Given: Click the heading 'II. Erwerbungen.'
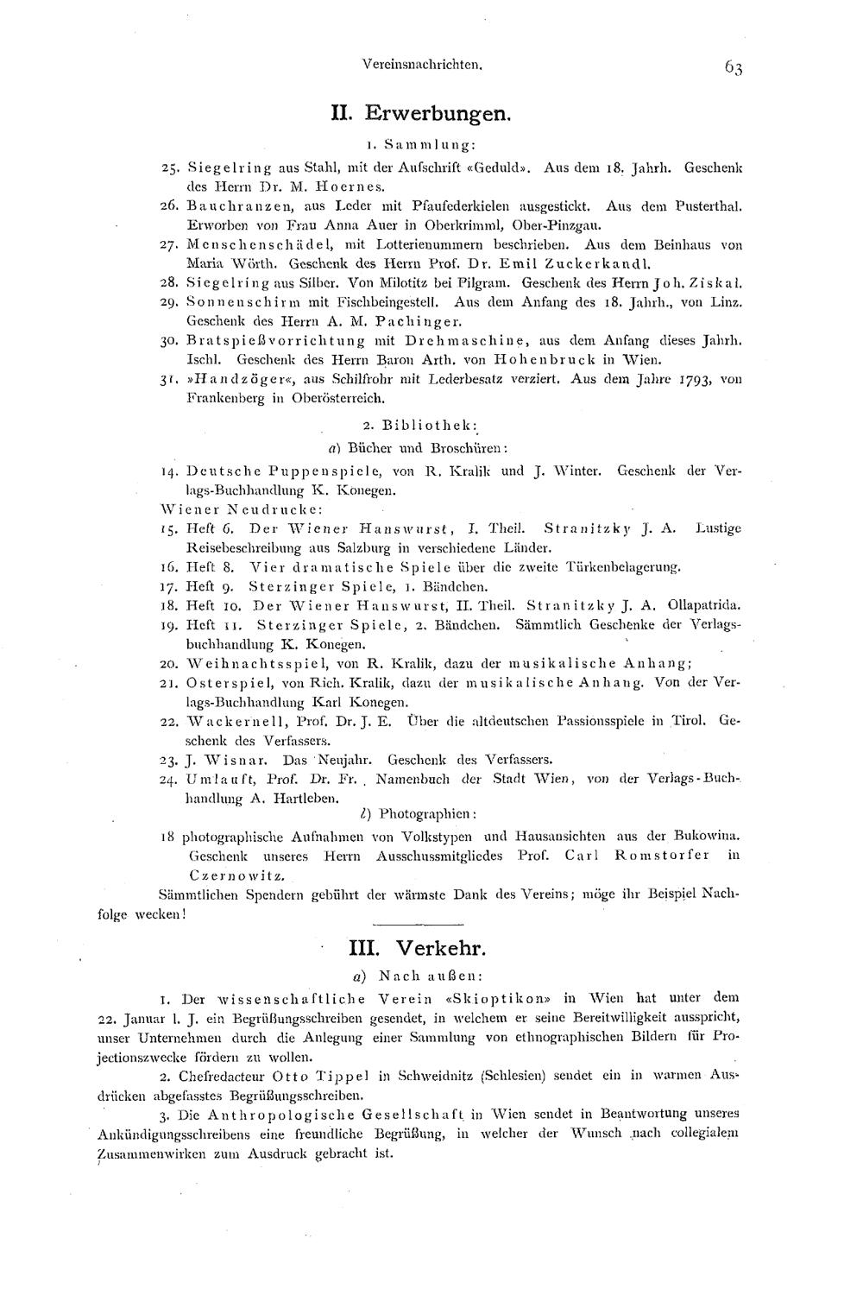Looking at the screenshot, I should pos(422,112).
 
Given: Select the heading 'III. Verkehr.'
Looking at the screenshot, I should pos(418,948).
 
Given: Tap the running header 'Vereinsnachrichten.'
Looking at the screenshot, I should pos(422,64).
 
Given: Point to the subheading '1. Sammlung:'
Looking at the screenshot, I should pos(421,143).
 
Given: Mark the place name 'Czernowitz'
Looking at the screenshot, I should pos(230,875).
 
